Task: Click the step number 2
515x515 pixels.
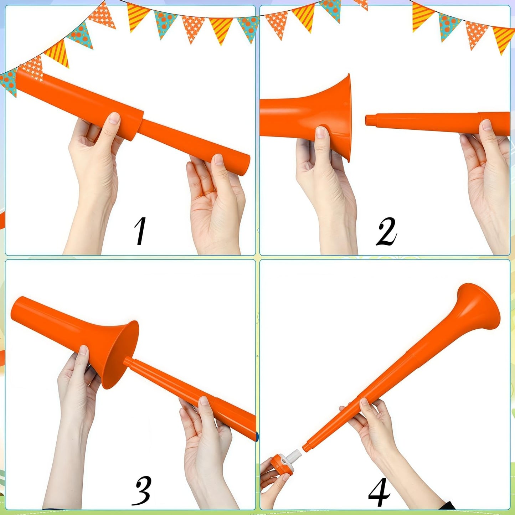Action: (386, 231)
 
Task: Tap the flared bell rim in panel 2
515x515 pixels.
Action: (347, 118)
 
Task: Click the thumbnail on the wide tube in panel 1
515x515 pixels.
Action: (115, 118)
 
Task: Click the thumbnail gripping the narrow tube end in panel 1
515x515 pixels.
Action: (218, 159)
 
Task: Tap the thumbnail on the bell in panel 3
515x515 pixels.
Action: (83, 350)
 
